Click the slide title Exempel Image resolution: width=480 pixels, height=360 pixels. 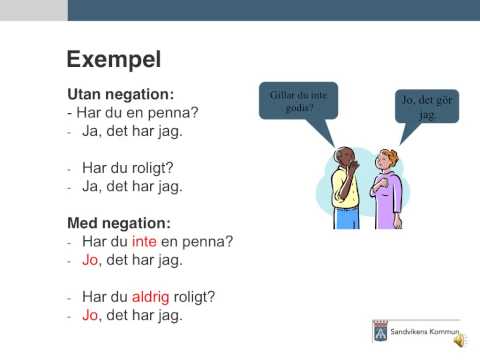pyautogui.click(x=113, y=59)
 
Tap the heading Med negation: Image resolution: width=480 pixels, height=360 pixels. pyautogui.click(x=119, y=222)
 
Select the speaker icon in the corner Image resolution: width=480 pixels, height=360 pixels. pyautogui.click(x=459, y=340)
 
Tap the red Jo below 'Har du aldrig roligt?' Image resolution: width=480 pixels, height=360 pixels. pyautogui.click(x=89, y=315)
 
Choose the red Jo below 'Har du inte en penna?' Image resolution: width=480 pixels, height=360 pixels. pyautogui.click(x=89, y=259)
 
